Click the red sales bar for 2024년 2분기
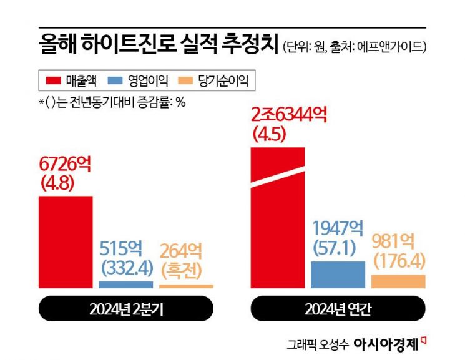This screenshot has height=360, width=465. (x=66, y=242)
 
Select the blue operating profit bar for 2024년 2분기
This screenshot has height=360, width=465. (x=125, y=285)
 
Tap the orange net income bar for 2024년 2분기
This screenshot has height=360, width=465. (x=186, y=286)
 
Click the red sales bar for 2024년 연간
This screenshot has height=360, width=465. (x=277, y=218)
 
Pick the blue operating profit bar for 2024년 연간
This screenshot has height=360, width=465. (x=338, y=275)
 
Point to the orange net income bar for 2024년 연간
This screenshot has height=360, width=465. (x=398, y=281)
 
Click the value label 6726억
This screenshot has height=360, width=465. (x=65, y=165)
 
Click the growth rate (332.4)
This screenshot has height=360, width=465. (x=125, y=269)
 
